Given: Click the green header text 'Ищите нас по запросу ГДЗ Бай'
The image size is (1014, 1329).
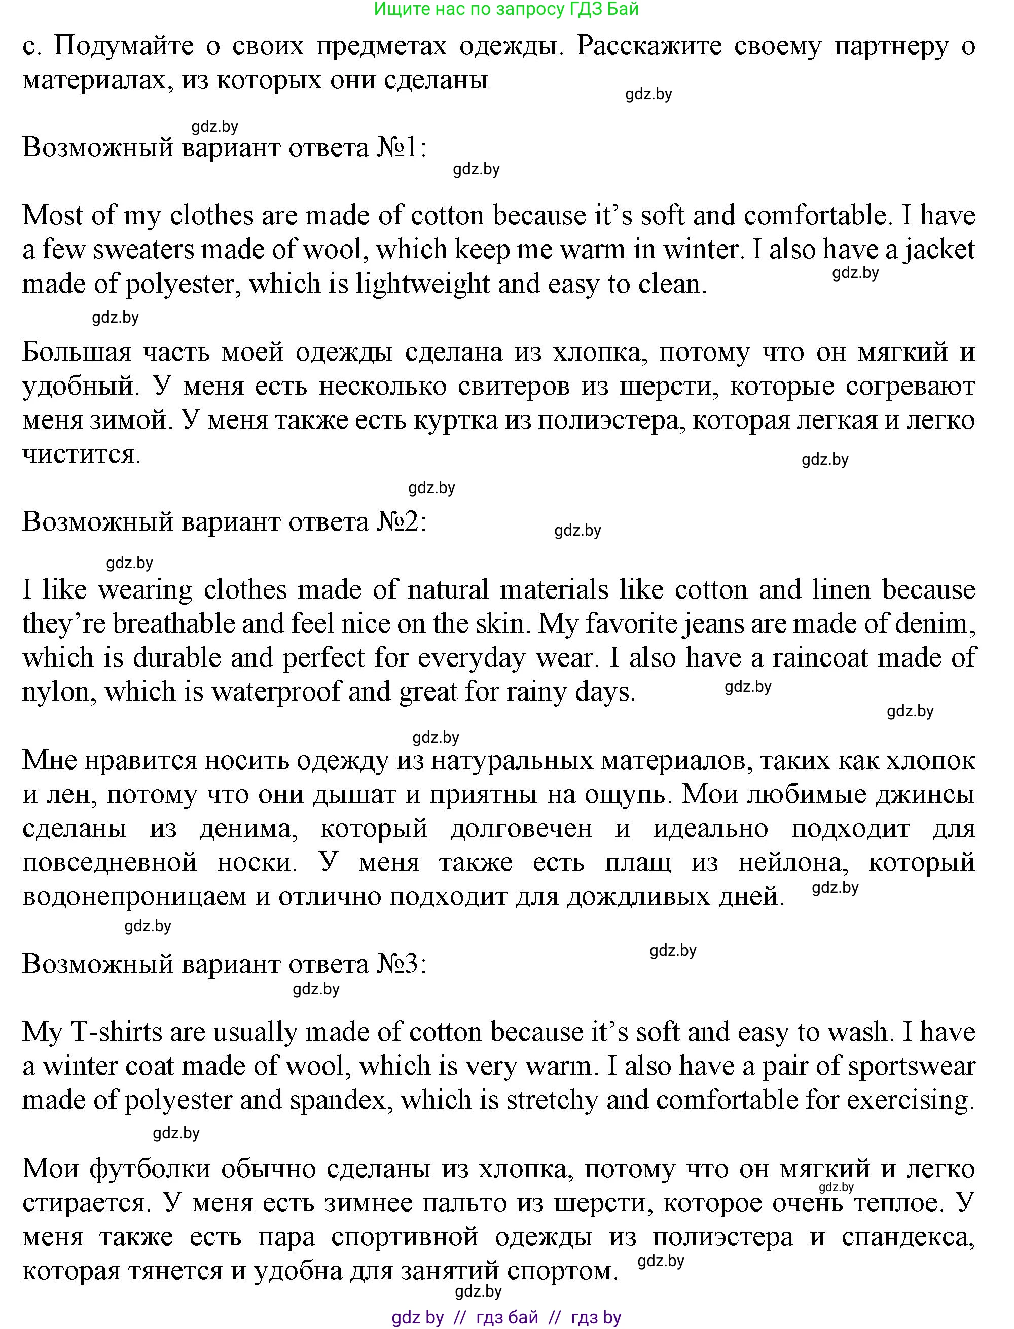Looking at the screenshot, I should [506, 9].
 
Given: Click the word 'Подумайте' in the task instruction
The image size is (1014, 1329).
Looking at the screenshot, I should [124, 46].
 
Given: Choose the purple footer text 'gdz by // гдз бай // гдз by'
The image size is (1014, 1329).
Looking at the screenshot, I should [506, 1317].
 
